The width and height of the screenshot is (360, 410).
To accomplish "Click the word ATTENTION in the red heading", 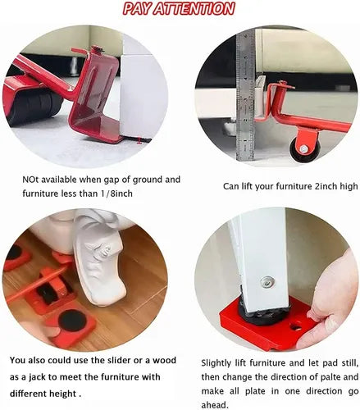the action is [x=194, y=8].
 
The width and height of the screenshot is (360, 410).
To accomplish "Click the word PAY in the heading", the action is [x=137, y=8].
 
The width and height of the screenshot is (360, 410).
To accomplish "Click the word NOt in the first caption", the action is [x=30, y=180].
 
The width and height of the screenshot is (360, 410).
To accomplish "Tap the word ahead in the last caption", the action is [x=214, y=404].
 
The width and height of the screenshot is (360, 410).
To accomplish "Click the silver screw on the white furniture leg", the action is [x=267, y=282].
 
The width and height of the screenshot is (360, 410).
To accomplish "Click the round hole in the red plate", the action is [x=296, y=326].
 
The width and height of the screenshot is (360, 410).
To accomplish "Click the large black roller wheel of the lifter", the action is [x=35, y=105].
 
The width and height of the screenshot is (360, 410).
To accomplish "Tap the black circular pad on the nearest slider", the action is [x=72, y=320].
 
